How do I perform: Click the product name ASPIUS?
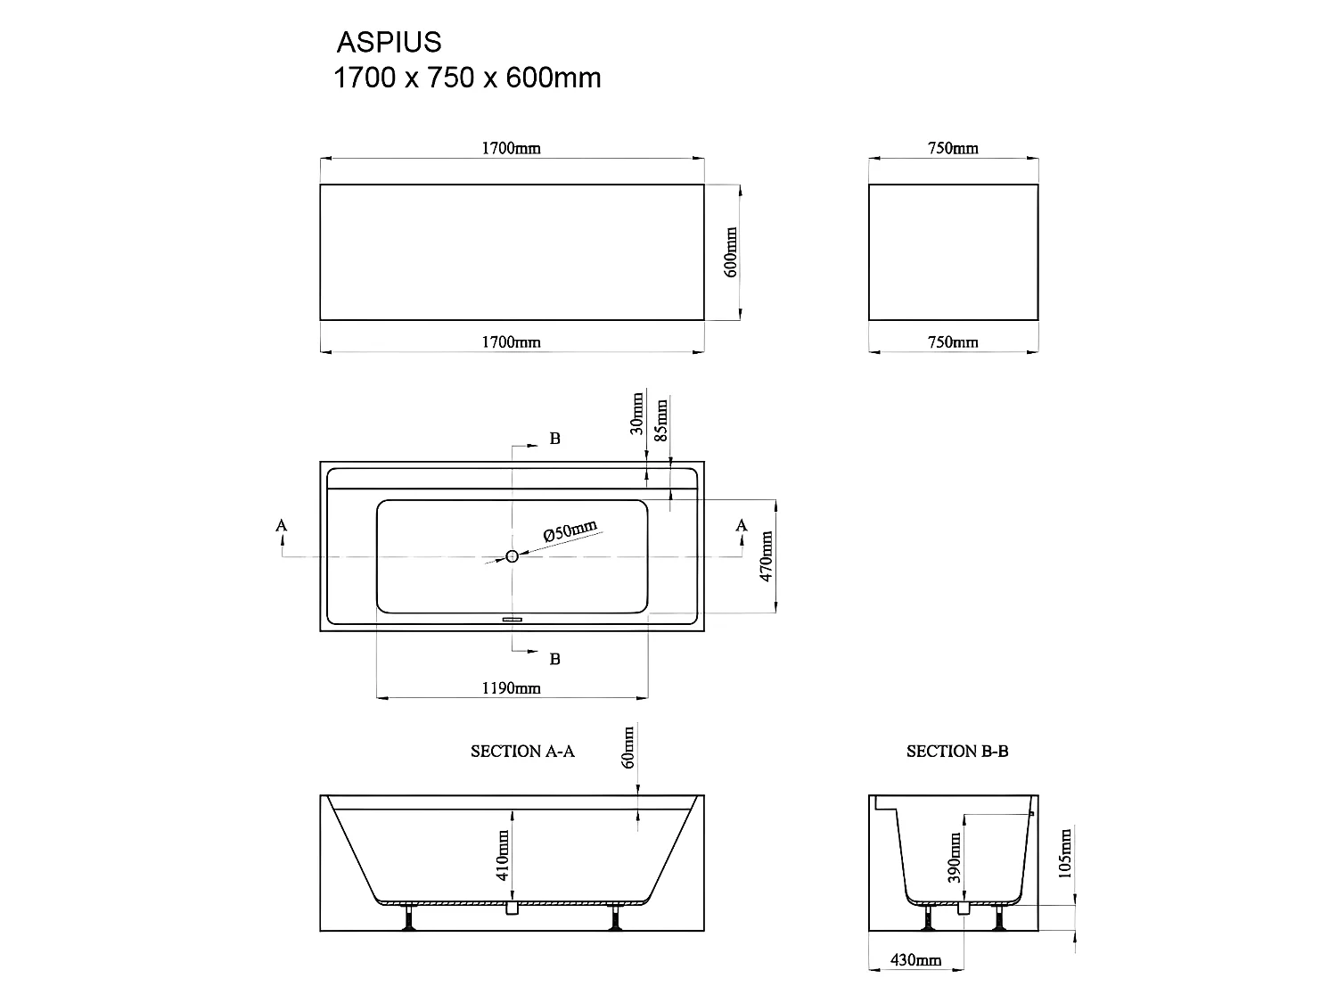(389, 42)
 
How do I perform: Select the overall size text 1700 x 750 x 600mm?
(467, 78)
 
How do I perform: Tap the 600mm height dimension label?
(730, 251)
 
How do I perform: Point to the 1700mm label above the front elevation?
(511, 148)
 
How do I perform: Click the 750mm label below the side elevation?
(953, 341)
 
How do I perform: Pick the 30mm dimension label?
(636, 413)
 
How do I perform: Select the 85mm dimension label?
(661, 421)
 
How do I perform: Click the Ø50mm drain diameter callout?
(570, 531)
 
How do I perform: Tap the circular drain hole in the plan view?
(513, 556)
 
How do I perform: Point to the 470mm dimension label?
(766, 556)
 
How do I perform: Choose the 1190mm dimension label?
(511, 687)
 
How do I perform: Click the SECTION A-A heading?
(522, 752)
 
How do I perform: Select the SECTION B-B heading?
(957, 752)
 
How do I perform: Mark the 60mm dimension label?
(628, 747)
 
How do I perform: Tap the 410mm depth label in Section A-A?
(504, 855)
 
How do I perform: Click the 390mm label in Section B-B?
(956, 857)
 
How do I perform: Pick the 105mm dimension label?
(1066, 852)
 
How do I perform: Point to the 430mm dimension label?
(915, 960)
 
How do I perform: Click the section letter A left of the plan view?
(282, 526)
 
